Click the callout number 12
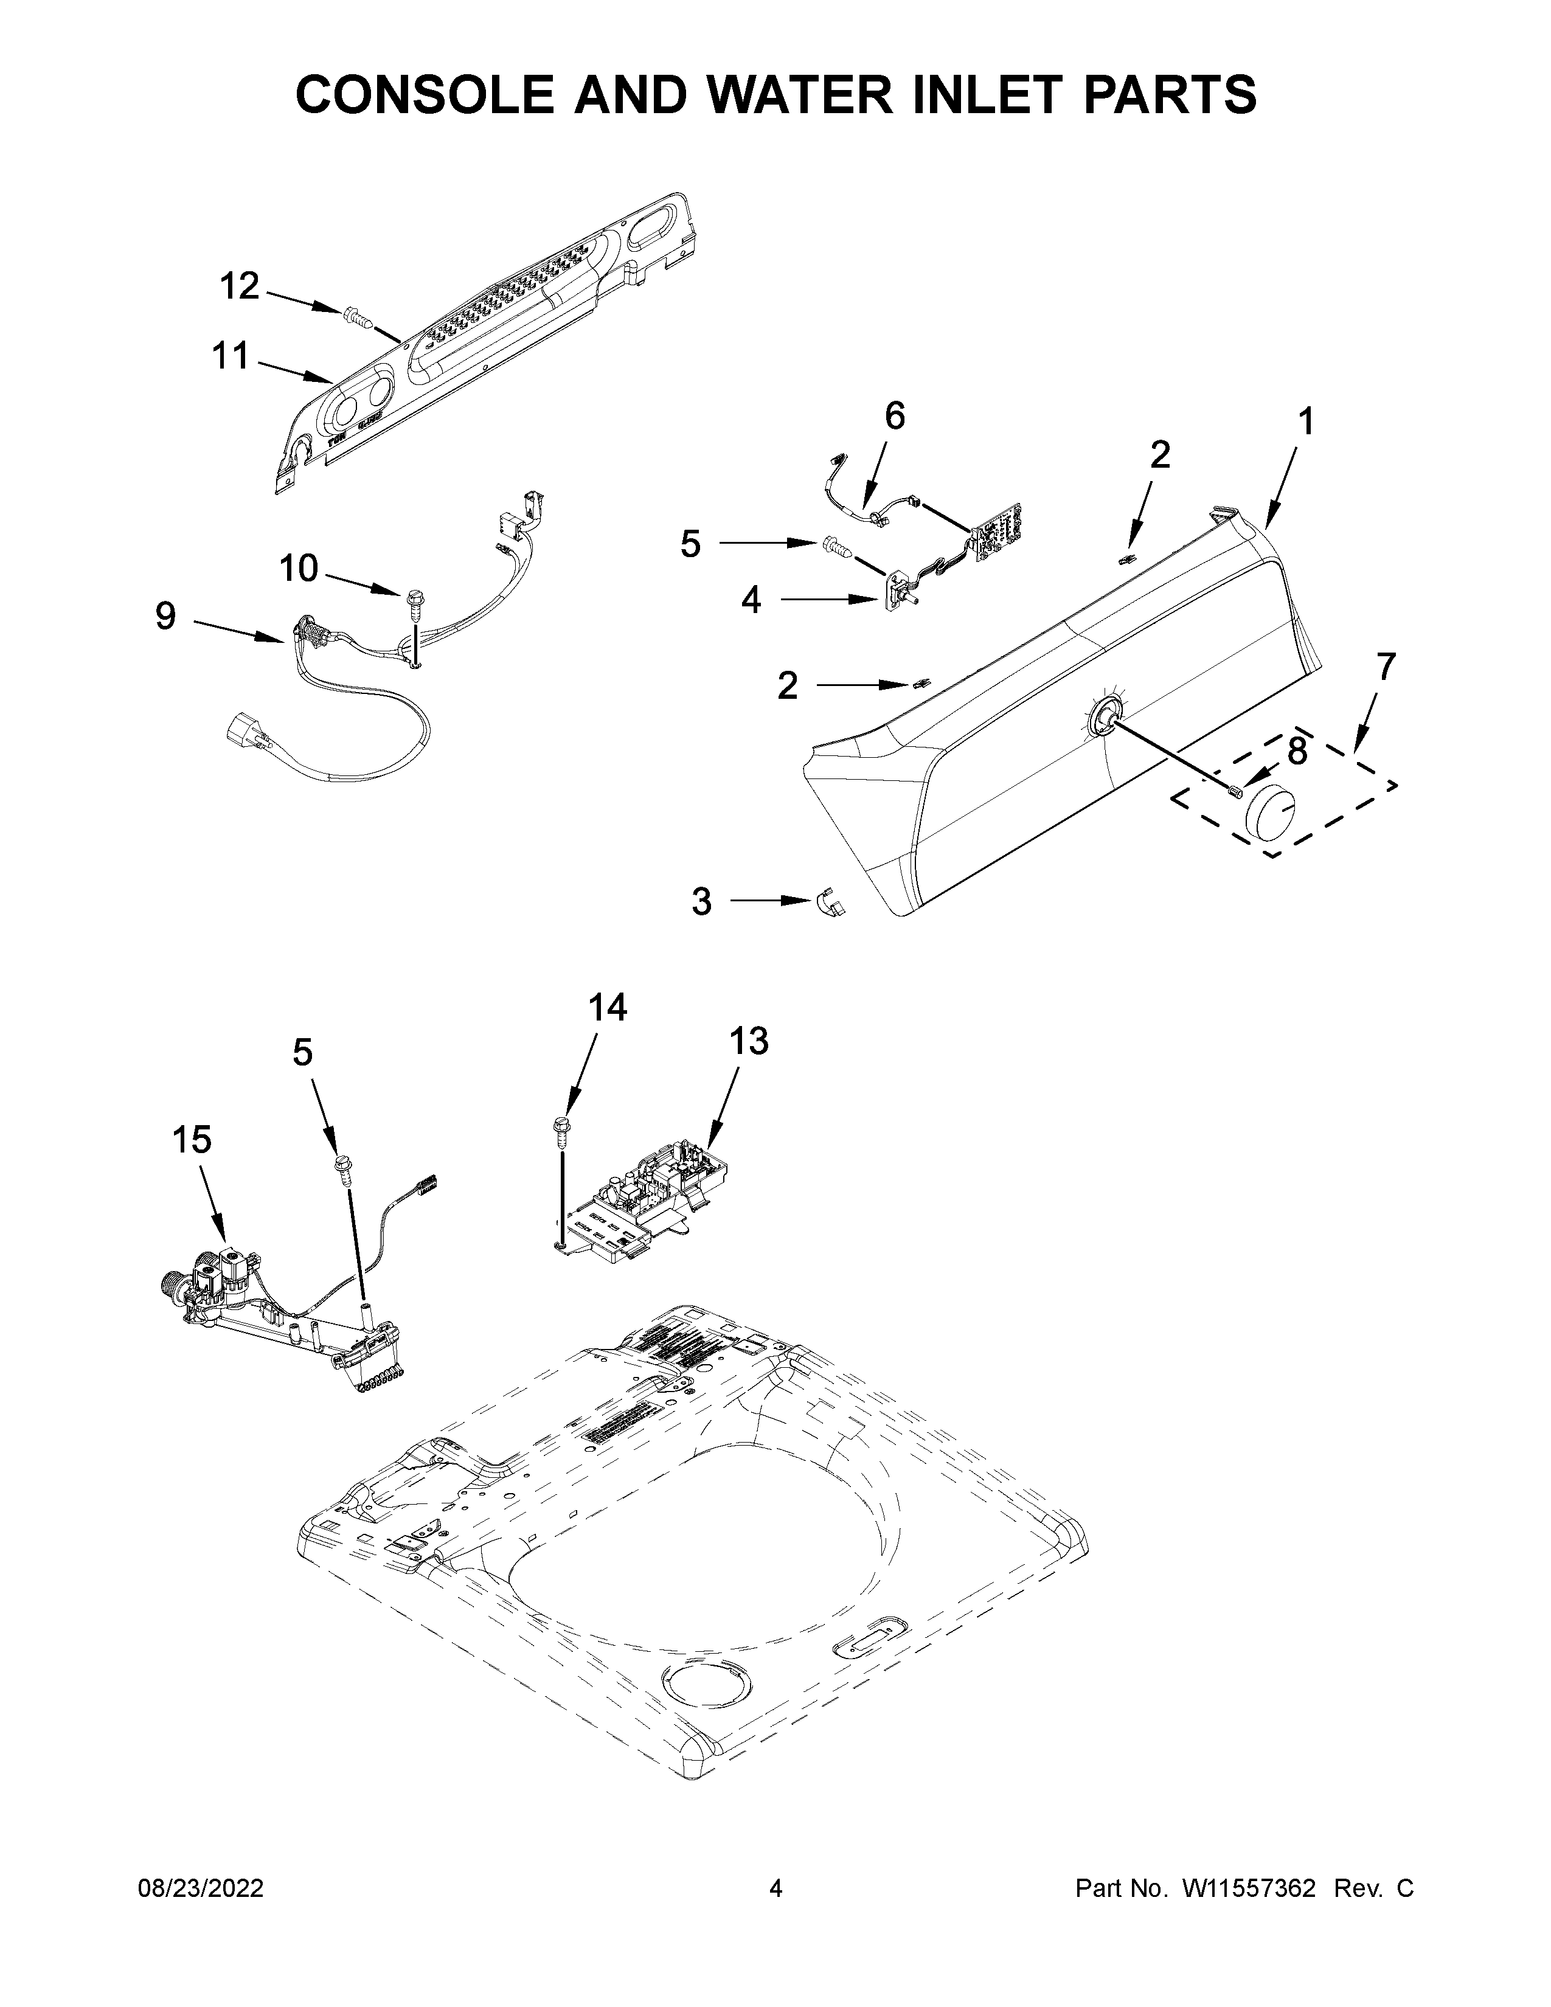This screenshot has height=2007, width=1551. point(240,286)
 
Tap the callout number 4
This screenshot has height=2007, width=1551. point(751,600)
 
